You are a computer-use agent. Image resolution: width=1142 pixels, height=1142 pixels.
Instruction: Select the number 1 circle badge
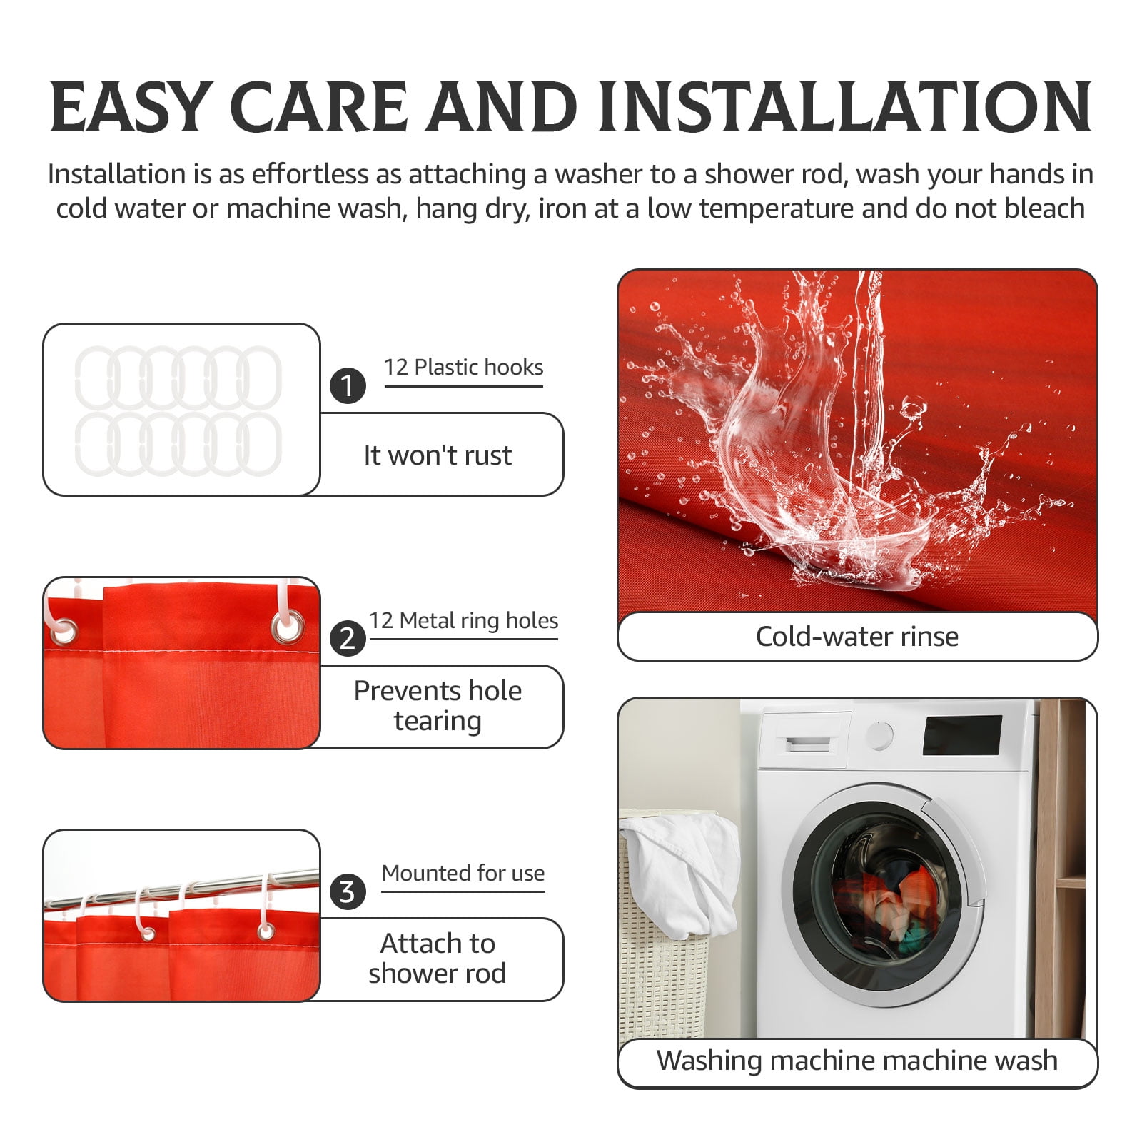[348, 386]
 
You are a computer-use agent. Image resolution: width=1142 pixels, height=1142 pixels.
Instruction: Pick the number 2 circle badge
[348, 638]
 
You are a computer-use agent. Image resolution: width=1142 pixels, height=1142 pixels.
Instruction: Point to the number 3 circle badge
[348, 891]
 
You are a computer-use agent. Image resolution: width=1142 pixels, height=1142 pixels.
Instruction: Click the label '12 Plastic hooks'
[463, 367]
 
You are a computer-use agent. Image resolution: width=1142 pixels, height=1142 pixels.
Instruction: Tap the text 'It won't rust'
[438, 455]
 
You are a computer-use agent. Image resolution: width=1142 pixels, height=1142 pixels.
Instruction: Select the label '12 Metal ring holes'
[463, 620]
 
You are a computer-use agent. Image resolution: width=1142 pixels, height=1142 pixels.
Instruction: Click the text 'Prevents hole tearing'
[438, 706]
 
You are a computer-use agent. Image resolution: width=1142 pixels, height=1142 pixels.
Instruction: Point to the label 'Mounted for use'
[463, 873]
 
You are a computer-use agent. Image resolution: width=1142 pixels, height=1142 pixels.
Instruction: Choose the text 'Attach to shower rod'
[438, 958]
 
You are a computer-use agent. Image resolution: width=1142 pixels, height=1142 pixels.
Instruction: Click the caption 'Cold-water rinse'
[857, 636]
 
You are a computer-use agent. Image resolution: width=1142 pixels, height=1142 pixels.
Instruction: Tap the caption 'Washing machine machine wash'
[857, 1061]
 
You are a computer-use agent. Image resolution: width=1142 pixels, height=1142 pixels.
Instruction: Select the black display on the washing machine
[963, 734]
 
